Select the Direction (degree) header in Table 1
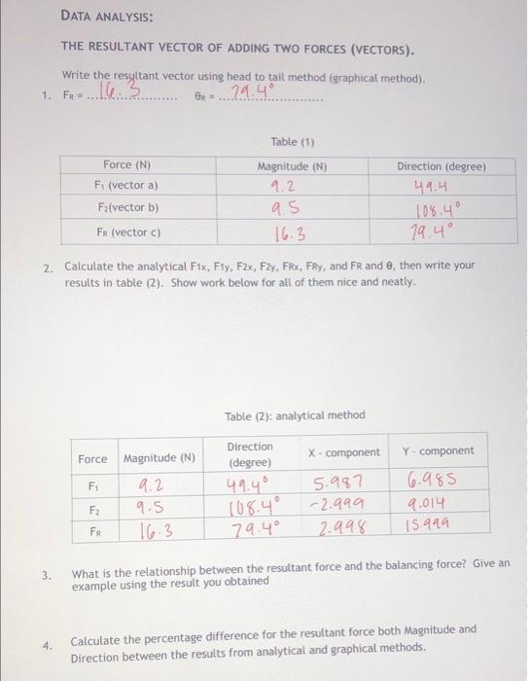[442, 166]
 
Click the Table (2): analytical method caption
[295, 415]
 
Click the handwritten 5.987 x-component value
[340, 482]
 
